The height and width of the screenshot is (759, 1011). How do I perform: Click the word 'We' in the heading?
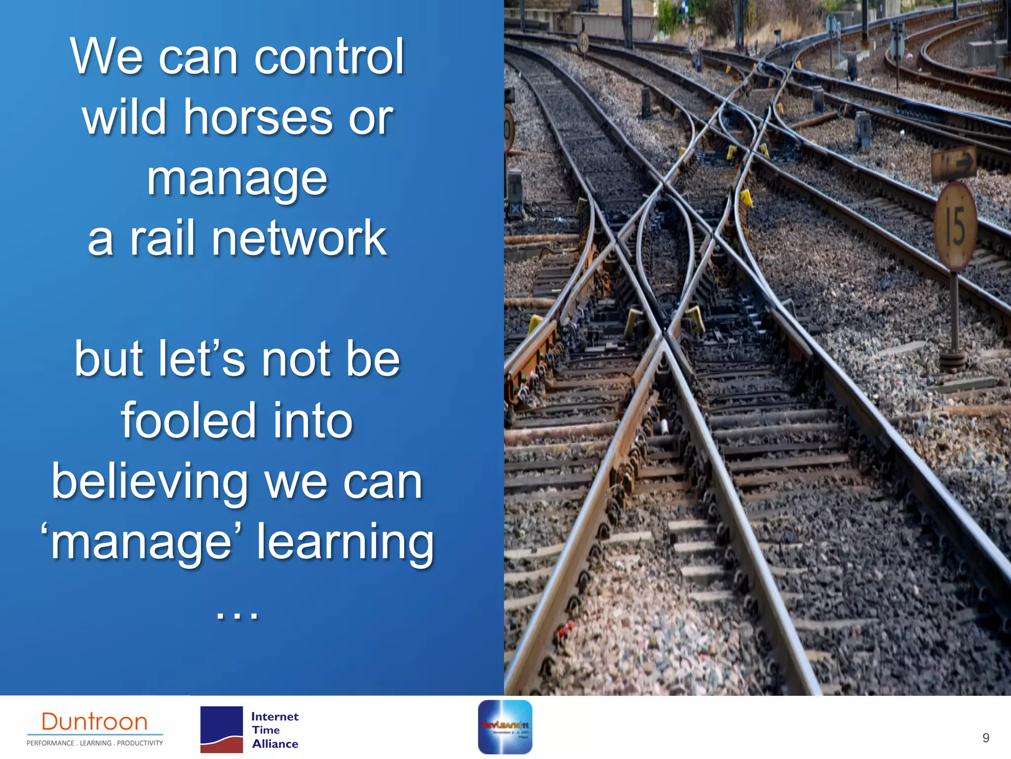[x=107, y=57]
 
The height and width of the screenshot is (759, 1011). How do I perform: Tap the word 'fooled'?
[x=188, y=421]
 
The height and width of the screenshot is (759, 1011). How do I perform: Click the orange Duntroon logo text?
[x=94, y=722]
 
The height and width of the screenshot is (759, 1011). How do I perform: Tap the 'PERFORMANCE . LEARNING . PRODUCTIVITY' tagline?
[x=94, y=743]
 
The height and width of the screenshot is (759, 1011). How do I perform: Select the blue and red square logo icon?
[x=221, y=729]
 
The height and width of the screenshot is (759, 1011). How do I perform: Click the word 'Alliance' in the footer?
[x=275, y=744]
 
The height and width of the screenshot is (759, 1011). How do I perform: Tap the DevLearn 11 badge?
[x=505, y=727]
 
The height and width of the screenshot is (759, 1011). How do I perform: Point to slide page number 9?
[x=985, y=738]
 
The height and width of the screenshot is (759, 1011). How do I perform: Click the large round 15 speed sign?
[x=955, y=227]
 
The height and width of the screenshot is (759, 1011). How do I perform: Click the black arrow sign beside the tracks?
[x=953, y=163]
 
